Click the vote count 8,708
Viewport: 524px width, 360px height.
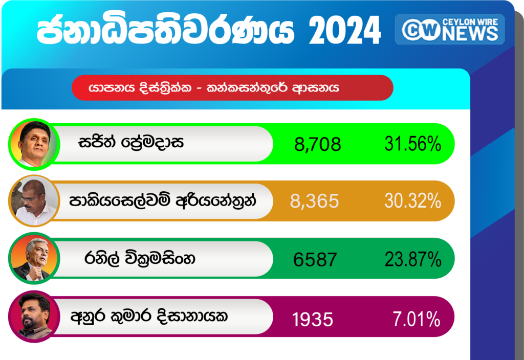pyautogui.click(x=317, y=145)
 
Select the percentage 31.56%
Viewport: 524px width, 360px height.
pyautogui.click(x=413, y=144)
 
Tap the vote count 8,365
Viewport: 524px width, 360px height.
pyautogui.click(x=315, y=201)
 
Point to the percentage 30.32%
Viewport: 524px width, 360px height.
pyautogui.click(x=413, y=201)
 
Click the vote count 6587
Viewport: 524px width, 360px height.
pyautogui.click(x=315, y=259)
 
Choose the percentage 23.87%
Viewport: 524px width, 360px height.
pyautogui.click(x=413, y=259)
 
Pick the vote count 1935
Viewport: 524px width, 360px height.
pyautogui.click(x=313, y=319)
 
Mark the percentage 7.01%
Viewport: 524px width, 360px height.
pyautogui.click(x=417, y=319)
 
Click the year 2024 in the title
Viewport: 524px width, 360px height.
pyautogui.click(x=345, y=30)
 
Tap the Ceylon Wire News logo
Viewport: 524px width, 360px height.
pyautogui.click(x=450, y=29)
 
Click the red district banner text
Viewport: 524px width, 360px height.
pyautogui.click(x=214, y=88)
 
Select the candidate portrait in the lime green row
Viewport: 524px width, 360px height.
pyautogui.click(x=34, y=144)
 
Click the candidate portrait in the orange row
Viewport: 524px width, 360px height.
pyautogui.click(x=34, y=201)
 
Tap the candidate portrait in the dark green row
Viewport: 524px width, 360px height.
pyautogui.click(x=34, y=258)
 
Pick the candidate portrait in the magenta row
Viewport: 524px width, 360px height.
pyautogui.click(x=34, y=316)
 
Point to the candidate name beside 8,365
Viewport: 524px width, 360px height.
pyautogui.click(x=163, y=200)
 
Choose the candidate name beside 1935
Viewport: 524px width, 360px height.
pyautogui.click(x=149, y=316)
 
